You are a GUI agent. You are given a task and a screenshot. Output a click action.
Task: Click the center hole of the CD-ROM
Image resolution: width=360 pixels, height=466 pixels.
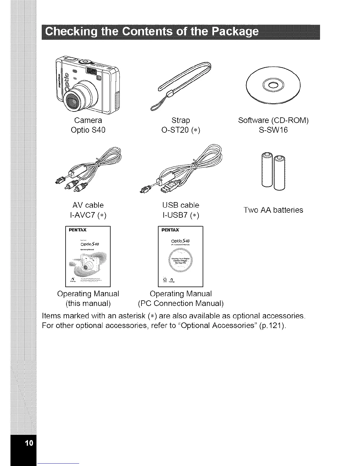[x=273, y=85]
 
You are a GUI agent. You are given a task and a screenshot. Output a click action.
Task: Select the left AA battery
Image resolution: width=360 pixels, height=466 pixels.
[x=267, y=170]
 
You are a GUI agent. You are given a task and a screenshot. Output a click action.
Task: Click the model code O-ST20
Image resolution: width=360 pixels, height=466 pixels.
[x=176, y=130]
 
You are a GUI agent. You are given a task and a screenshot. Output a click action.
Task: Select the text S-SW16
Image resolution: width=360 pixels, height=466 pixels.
[x=273, y=130]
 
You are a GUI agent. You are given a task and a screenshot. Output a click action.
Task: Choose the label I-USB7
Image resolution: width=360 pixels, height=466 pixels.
[x=176, y=215]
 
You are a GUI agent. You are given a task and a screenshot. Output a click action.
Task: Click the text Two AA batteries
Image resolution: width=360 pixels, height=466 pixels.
[x=273, y=210]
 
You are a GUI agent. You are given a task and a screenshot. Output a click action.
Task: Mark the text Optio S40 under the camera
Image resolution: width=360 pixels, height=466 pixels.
[x=88, y=130]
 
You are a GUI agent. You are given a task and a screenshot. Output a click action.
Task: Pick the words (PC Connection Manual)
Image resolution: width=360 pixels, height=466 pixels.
[x=181, y=303]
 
